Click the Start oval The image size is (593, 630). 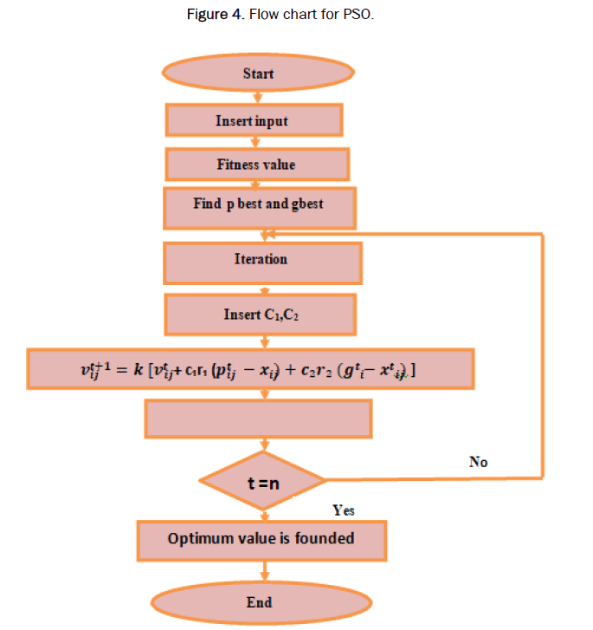(257, 73)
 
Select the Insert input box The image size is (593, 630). (252, 120)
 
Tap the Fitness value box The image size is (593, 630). (256, 164)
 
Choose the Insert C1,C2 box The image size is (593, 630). (261, 314)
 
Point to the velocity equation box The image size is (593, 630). (249, 370)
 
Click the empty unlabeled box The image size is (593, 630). (258, 419)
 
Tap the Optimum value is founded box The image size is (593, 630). (261, 539)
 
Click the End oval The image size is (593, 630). (259, 602)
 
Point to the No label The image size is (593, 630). (478, 463)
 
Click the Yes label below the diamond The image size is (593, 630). (344, 510)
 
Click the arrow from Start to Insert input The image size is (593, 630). (257, 96)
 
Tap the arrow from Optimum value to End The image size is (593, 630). (261, 570)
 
